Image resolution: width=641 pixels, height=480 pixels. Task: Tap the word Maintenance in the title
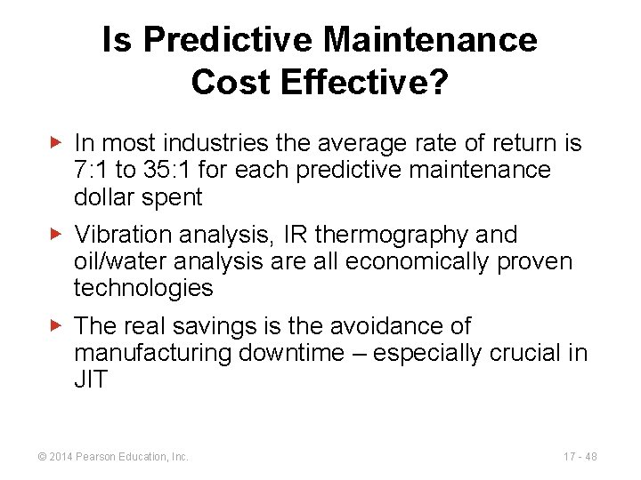point(431,40)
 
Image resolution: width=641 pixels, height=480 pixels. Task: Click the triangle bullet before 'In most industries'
point(56,142)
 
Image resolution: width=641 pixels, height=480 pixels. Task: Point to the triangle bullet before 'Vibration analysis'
point(56,235)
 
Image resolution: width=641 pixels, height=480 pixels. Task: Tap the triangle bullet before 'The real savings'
point(56,326)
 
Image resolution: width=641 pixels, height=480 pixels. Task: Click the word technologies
point(143,289)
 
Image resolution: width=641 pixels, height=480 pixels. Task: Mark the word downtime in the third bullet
point(289,354)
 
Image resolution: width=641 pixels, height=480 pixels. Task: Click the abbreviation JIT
point(91,380)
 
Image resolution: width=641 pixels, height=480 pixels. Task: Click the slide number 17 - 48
point(580,456)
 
